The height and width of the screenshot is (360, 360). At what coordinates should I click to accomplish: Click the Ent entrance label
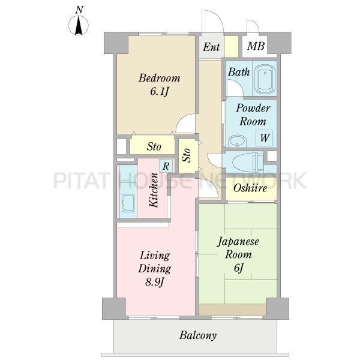click(x=211, y=47)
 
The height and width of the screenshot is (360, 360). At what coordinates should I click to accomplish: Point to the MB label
click(x=256, y=46)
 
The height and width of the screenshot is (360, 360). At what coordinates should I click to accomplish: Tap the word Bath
click(x=238, y=72)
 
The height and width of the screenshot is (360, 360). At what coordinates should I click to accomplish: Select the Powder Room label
click(x=253, y=115)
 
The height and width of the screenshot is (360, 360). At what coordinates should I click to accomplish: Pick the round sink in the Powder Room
click(x=237, y=141)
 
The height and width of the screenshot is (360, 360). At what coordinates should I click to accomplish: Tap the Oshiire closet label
click(x=250, y=188)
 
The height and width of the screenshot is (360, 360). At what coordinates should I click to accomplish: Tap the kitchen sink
click(x=128, y=204)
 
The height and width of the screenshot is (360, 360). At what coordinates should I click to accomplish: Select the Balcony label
click(x=198, y=335)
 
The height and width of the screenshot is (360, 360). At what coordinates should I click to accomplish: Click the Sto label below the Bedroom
click(x=154, y=146)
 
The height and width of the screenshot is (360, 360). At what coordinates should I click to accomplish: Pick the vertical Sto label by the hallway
click(x=187, y=155)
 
